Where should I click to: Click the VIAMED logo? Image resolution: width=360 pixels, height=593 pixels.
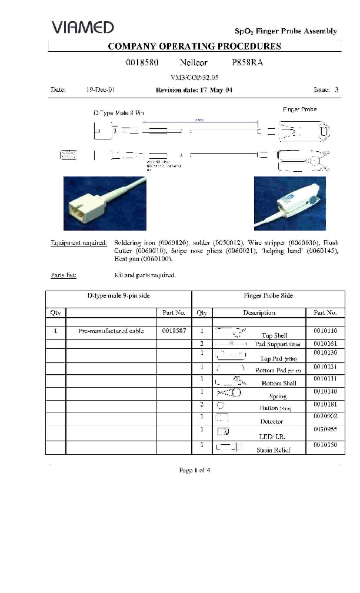[x=82, y=27]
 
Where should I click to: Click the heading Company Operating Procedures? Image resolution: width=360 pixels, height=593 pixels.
[x=194, y=46]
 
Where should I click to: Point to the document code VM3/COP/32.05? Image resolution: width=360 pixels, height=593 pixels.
[x=194, y=77]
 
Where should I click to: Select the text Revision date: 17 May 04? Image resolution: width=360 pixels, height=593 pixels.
[x=194, y=90]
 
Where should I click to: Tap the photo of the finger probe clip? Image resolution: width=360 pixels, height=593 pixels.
[x=289, y=204]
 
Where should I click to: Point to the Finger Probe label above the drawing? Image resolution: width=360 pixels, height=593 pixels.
[x=299, y=109]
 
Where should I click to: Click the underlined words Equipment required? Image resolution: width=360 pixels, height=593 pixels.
[x=79, y=242]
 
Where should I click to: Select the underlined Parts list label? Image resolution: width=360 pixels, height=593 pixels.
[x=63, y=275]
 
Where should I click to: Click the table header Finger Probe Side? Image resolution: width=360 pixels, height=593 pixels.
[x=268, y=295]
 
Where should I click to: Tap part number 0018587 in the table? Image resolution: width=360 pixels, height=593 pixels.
[x=174, y=331]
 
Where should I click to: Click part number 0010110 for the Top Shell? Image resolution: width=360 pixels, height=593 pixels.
[x=325, y=332]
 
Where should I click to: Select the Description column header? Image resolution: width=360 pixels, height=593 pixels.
[x=259, y=312]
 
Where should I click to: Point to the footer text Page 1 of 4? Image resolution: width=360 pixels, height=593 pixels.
[x=194, y=469]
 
